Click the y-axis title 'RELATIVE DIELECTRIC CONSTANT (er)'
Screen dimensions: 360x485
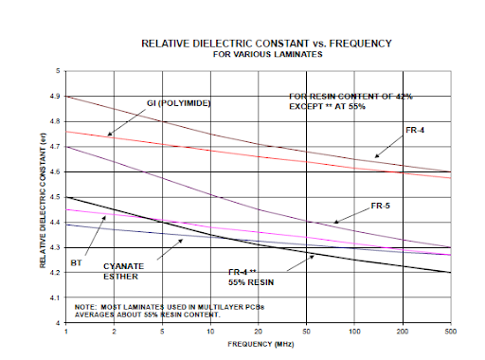45,197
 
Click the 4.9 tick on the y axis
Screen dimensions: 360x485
55,96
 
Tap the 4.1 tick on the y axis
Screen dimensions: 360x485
55,298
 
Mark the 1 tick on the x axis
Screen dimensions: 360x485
65,334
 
